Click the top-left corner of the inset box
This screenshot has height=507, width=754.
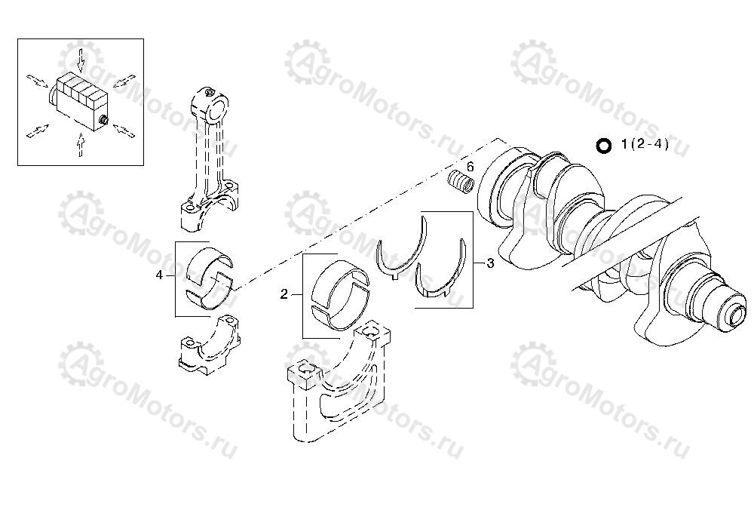pos(18,39)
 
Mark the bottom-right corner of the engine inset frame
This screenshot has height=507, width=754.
pos(143,165)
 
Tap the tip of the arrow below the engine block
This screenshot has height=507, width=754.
pos(81,134)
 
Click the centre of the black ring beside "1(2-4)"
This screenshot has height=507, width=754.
pos(603,146)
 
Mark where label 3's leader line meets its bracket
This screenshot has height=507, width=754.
pos(473,263)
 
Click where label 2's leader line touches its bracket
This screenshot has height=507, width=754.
pos(302,294)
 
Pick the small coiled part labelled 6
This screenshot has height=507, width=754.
pos(461,183)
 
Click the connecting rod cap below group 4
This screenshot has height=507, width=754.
pos(209,343)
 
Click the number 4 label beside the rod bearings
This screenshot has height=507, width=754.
pos(159,275)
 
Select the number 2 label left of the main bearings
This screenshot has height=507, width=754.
pos(284,294)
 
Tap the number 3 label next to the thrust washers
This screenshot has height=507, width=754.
pos(491,263)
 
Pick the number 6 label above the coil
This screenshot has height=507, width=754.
pos(470,167)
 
